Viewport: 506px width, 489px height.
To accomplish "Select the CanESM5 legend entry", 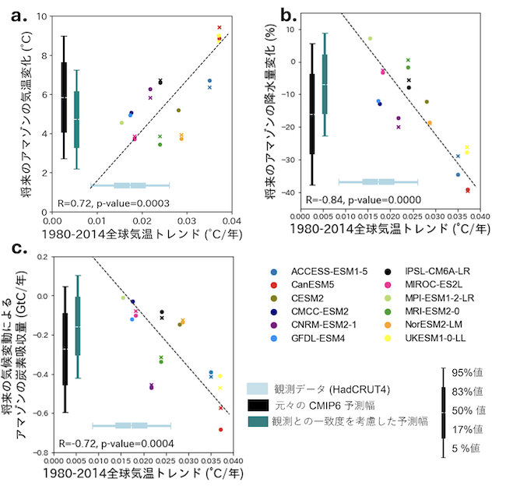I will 310,284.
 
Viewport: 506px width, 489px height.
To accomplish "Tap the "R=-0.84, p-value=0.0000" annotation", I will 358,199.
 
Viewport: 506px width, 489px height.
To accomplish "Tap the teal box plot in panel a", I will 76,119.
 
